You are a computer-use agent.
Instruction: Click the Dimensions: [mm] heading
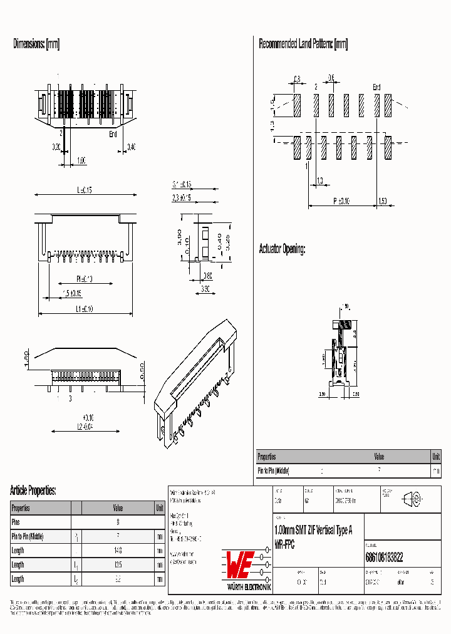[x=36, y=44]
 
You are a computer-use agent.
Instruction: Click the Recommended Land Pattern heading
[x=303, y=44]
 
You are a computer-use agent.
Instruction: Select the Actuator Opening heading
[x=283, y=249]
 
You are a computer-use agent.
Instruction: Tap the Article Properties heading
[x=33, y=490]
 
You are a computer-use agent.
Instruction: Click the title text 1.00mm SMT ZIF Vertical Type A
[x=313, y=530]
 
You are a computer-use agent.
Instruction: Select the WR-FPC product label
[x=284, y=545]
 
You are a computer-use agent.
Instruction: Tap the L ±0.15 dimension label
[x=85, y=190]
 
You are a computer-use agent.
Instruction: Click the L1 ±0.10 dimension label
[x=85, y=309]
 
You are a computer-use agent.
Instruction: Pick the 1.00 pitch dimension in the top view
[x=81, y=160]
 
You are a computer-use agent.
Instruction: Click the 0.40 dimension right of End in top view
[x=132, y=147]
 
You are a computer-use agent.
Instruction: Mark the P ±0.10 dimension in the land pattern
[x=341, y=201]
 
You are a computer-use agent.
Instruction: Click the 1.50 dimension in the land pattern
[x=383, y=201]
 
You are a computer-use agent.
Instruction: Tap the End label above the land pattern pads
[x=376, y=87]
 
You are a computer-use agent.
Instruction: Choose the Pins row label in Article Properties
[x=16, y=522]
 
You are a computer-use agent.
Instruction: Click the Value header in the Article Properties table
[x=118, y=508]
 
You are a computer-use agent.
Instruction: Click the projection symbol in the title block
[x=413, y=499]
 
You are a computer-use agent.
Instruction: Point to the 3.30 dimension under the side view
[x=205, y=289]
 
